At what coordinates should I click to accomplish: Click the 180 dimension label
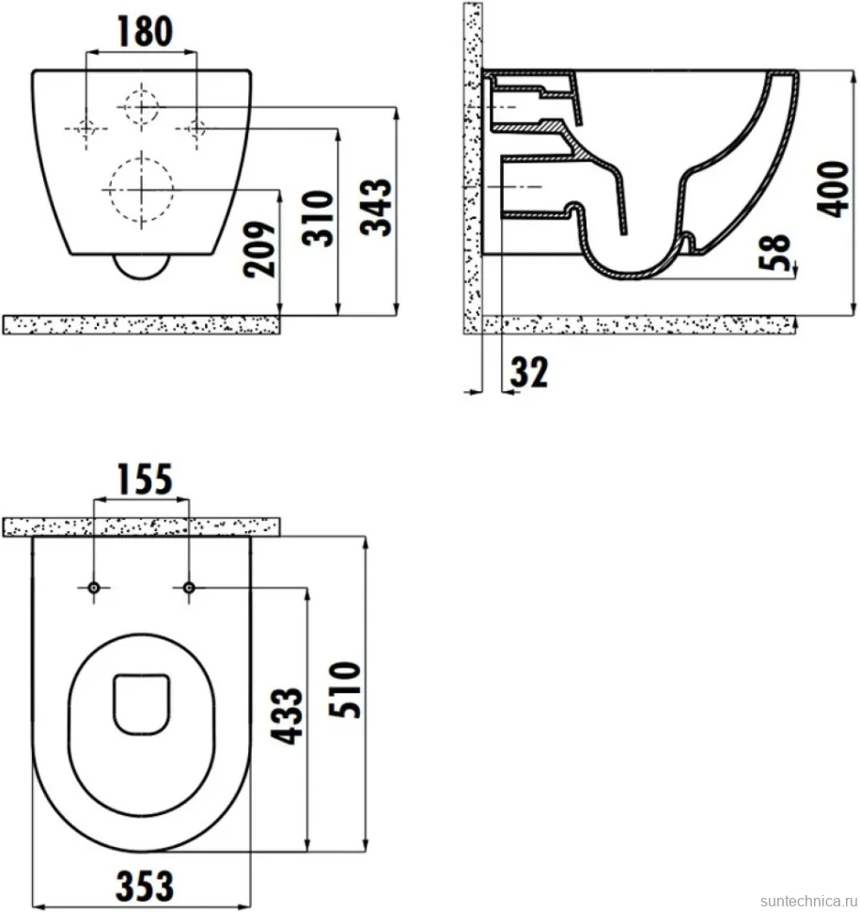(x=145, y=31)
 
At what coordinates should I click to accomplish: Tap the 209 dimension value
(x=259, y=249)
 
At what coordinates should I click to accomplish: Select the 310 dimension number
(x=318, y=218)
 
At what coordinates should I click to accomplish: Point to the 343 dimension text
(x=376, y=207)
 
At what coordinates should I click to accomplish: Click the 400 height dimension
(x=833, y=190)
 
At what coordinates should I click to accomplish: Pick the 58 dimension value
(x=774, y=252)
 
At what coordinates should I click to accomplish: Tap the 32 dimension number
(x=529, y=372)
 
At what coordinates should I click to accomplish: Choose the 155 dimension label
(x=144, y=480)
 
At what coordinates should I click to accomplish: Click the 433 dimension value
(x=288, y=716)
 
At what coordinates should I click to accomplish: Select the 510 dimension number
(x=345, y=689)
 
